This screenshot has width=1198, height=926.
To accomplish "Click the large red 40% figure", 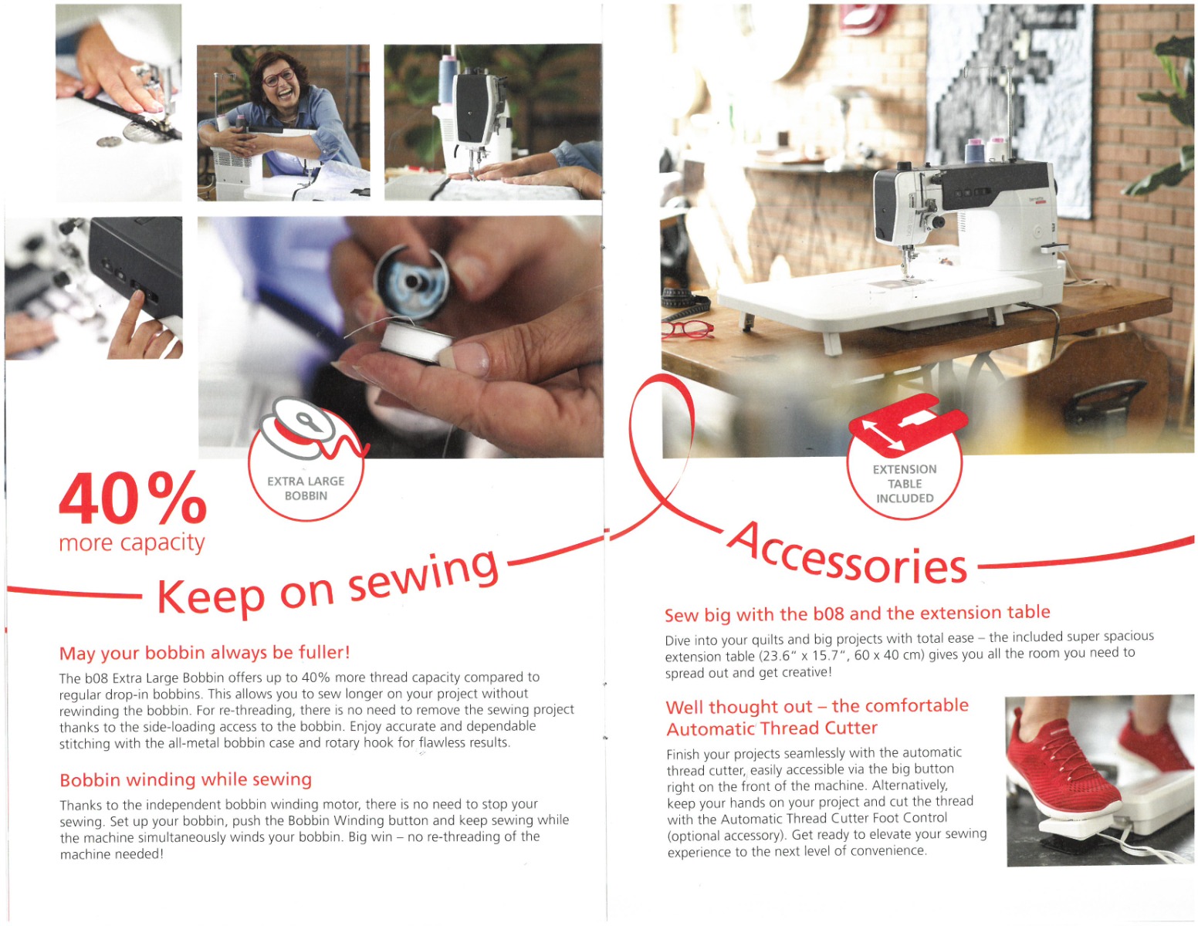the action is coord(132,498).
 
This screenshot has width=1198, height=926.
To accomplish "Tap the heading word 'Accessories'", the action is coord(848,553).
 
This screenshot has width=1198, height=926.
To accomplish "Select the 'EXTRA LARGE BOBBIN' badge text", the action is coord(306,488).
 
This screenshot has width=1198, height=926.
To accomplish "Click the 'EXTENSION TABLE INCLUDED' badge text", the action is coord(905,484).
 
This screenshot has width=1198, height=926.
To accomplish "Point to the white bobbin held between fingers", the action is coord(418,342).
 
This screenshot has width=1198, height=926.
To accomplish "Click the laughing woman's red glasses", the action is coord(279,78).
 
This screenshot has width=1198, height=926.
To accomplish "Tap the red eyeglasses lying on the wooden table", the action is coord(687,330).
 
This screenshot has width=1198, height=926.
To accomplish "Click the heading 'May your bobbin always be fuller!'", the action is coord(205,653).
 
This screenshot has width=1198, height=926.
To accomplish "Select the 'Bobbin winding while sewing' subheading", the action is coord(186,779).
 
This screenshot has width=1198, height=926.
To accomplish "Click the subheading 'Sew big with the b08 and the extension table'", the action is coord(858,613).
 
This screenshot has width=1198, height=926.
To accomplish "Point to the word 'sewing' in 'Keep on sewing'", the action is coord(425,576).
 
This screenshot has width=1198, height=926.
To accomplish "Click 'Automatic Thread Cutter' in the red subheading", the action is coord(772,728).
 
